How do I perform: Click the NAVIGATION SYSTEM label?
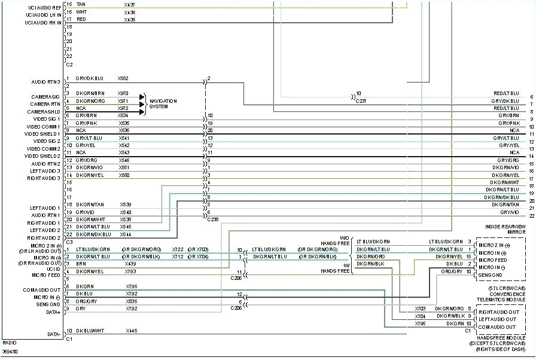point(163,104)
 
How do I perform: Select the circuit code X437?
point(130,5)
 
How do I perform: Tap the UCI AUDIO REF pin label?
point(43,8)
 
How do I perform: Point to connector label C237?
point(361,101)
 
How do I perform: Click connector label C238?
point(212,219)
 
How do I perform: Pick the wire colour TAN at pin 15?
point(81,5)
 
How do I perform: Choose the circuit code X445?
point(131,331)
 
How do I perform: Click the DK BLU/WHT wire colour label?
point(90,331)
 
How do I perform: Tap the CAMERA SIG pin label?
point(45,97)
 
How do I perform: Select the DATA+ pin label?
point(53,312)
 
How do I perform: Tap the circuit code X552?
point(123,79)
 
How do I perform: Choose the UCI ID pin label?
point(53,269)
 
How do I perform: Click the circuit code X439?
point(130,264)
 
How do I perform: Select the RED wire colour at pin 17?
point(81,20)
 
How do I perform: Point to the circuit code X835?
point(132,301)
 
